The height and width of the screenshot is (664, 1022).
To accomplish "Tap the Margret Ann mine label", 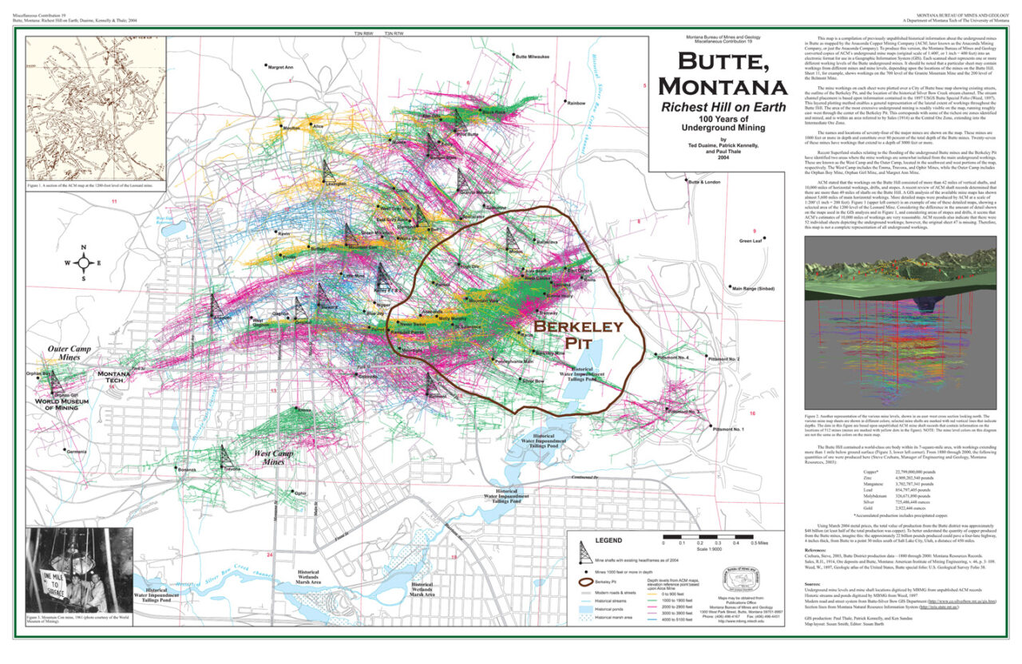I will point(279,67).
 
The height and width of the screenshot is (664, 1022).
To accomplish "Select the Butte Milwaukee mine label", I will point(533,57).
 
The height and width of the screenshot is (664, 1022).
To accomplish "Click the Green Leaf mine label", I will point(751,240).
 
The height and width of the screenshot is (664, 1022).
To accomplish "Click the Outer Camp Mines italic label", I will point(69,354).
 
